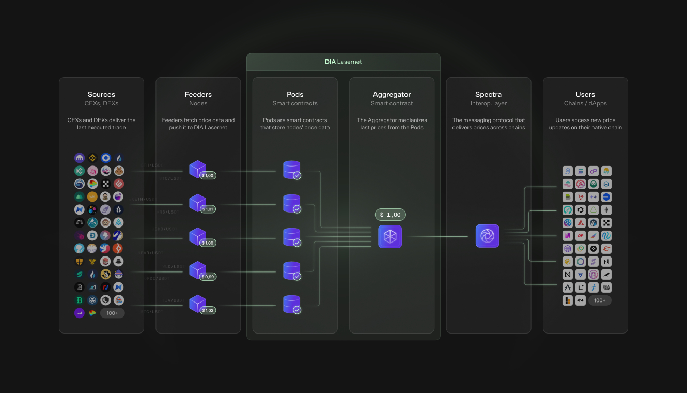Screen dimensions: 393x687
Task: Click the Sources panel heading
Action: (101, 94)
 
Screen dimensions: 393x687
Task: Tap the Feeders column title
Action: (198, 94)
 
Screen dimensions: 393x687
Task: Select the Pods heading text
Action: (295, 94)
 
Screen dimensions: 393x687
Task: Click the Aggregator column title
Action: (392, 94)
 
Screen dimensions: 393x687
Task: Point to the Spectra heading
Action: (488, 94)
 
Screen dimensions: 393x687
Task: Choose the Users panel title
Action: (585, 94)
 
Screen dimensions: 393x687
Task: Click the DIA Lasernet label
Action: (343, 62)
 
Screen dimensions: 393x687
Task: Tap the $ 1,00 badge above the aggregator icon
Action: (390, 215)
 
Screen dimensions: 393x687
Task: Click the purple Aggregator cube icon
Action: (390, 236)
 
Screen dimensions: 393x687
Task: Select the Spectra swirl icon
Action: (487, 236)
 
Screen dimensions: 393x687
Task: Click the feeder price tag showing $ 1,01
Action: (208, 209)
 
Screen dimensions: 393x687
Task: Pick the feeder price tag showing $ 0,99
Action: (208, 277)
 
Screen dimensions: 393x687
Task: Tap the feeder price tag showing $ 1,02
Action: (208, 310)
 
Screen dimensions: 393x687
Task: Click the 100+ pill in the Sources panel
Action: (112, 313)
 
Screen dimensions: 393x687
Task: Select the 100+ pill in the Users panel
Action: (600, 300)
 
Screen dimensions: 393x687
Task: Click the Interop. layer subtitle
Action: (488, 103)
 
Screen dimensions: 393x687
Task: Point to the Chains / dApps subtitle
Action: (585, 103)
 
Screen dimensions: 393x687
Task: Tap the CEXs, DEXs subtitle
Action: (101, 103)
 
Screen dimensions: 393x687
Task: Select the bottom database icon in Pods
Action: (292, 304)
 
